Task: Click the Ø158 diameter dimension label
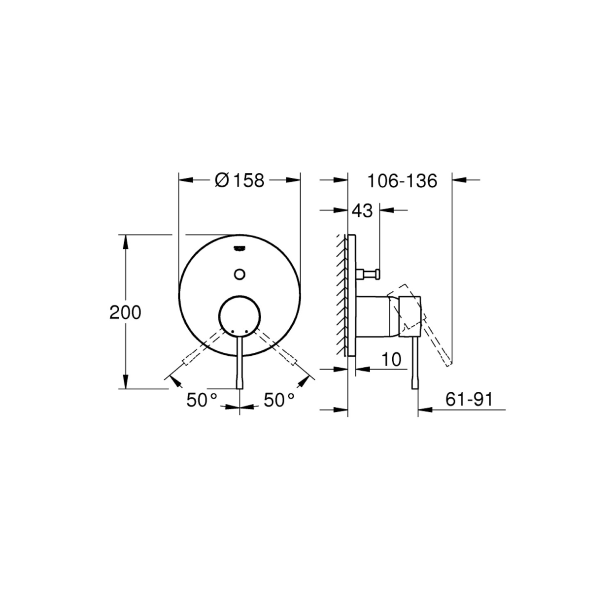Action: coord(240,180)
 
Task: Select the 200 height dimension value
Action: coord(125,312)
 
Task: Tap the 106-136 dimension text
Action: coord(402,181)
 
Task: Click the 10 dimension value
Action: coord(392,359)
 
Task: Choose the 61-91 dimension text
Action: coord(469,399)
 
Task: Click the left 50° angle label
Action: coord(202,400)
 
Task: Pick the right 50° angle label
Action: coord(279,400)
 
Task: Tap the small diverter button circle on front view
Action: coord(240,274)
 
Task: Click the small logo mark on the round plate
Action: coord(240,248)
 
